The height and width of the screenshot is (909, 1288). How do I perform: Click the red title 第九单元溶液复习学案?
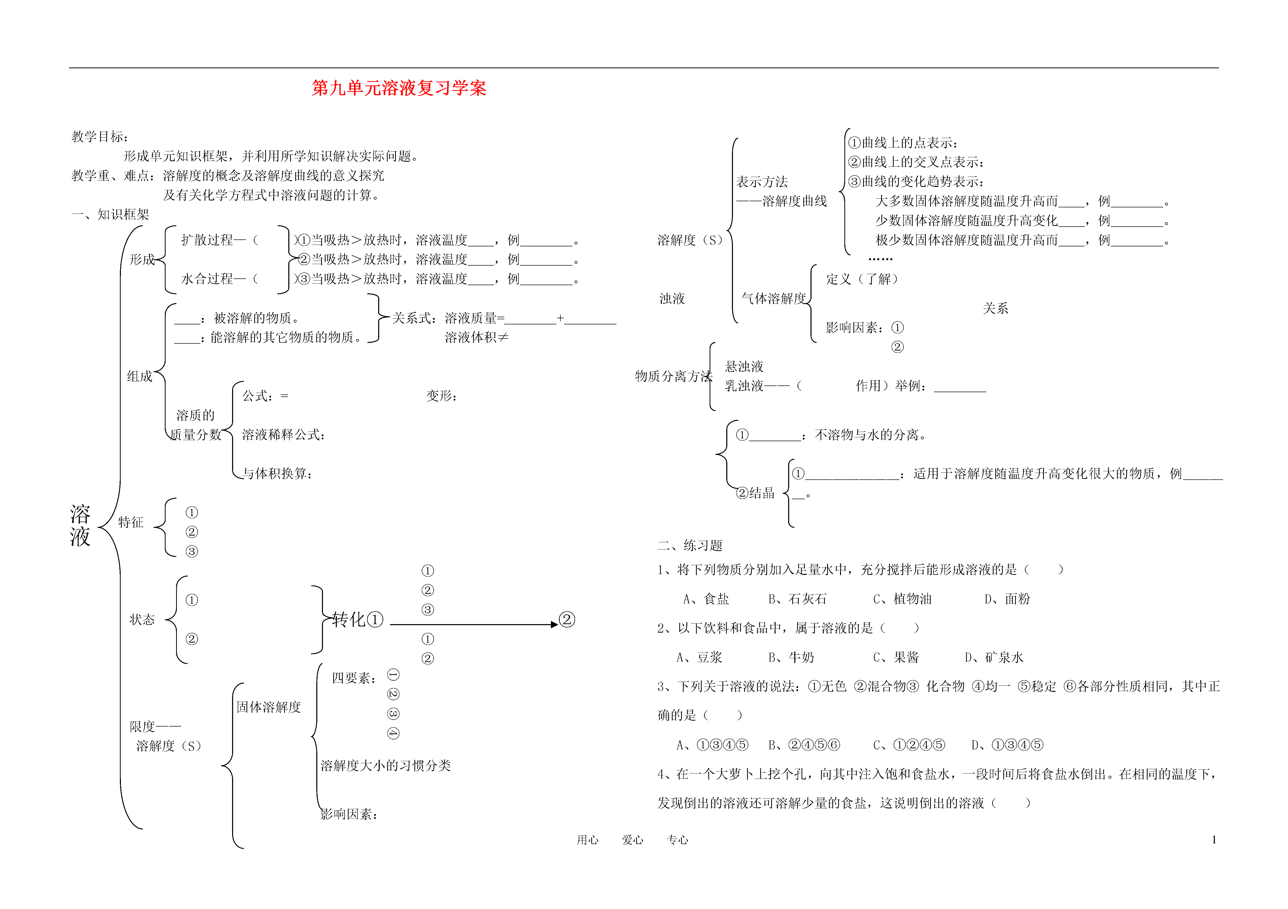click(399, 88)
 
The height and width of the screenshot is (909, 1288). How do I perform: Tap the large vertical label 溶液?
click(80, 525)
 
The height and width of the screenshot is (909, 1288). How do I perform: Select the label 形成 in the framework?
click(142, 259)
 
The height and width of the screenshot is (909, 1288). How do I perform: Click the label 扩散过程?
click(207, 240)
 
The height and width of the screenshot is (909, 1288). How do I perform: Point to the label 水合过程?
click(207, 279)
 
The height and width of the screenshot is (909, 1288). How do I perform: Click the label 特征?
click(131, 522)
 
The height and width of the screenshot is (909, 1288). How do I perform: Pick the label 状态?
click(142, 619)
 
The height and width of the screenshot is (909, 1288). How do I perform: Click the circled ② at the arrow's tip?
click(567, 620)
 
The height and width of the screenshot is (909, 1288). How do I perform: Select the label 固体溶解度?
click(269, 707)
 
